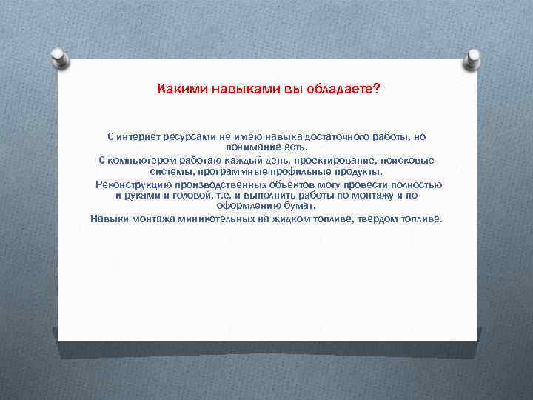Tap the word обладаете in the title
pos(341,90)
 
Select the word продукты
pos(355,172)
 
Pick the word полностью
pos(415,184)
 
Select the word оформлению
pos(254,207)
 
